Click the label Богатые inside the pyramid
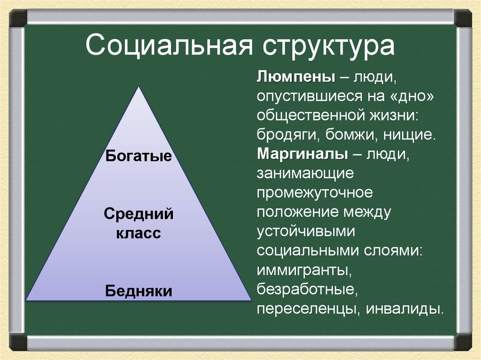pos(139,155)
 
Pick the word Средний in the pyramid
pos(139,214)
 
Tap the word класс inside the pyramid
pos(139,233)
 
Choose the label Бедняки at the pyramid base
pos(139,291)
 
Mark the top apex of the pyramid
pos(139,87)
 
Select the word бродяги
pos(287,135)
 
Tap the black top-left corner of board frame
pos(17,18)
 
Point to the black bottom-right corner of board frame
pos(463,342)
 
